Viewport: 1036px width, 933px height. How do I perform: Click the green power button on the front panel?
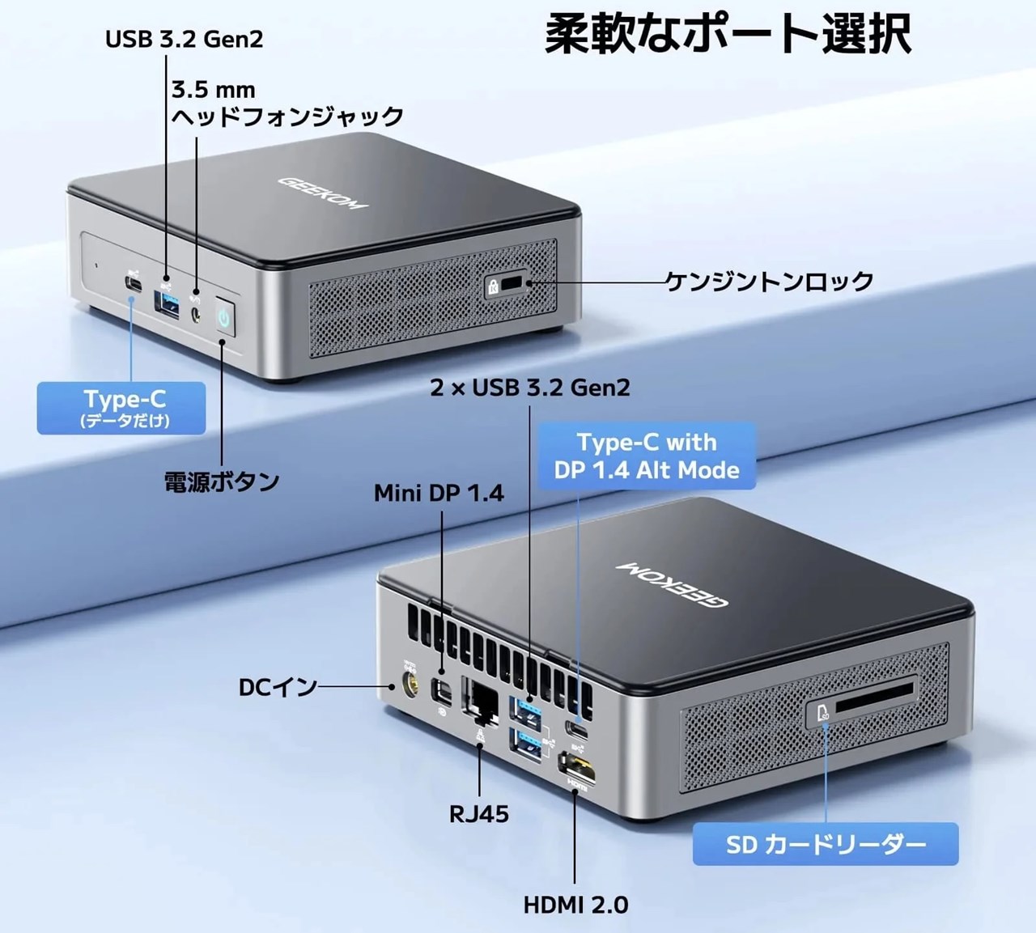(x=224, y=316)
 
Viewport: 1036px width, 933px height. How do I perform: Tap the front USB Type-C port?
(x=133, y=285)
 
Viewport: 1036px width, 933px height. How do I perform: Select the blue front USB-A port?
(x=166, y=303)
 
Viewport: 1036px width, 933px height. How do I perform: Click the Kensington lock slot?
(x=512, y=283)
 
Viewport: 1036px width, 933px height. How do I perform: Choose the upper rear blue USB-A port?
(x=525, y=713)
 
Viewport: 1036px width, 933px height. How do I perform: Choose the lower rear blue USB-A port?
(x=525, y=744)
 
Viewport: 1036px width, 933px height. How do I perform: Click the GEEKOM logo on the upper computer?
(x=324, y=193)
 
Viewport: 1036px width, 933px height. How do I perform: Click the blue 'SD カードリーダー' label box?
(x=826, y=844)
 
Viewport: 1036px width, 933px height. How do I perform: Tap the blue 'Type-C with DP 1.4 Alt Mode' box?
(x=647, y=456)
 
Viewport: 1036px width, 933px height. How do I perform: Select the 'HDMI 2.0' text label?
(x=575, y=905)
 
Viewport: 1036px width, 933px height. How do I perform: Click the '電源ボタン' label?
(x=222, y=481)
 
